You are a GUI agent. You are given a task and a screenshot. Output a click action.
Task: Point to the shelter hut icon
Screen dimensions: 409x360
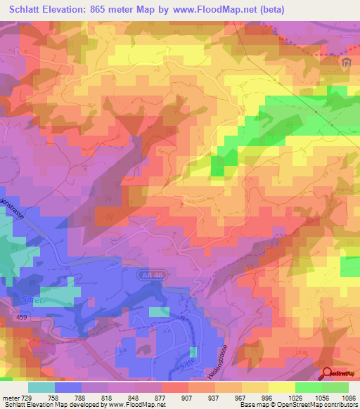pos(345,63)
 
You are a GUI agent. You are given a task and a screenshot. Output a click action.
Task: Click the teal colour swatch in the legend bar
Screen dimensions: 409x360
pos(41,387)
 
